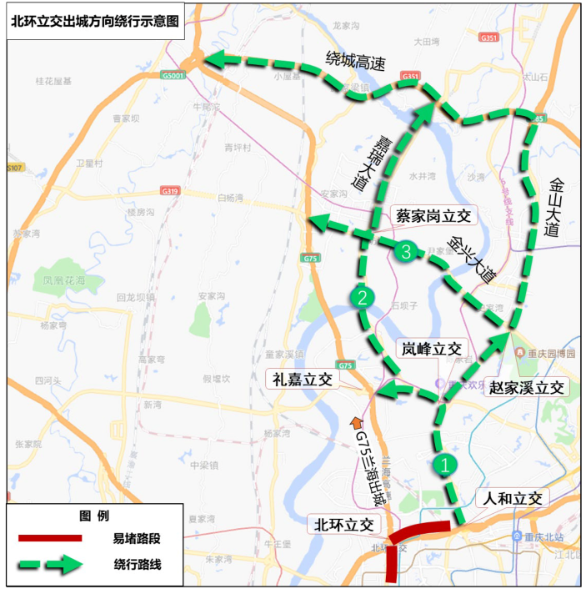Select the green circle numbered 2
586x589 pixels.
[x=362, y=298]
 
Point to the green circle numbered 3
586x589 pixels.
[x=407, y=251]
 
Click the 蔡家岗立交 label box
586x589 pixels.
[x=432, y=217]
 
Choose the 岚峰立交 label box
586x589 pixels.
[x=432, y=349]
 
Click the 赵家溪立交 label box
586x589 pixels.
[x=528, y=388]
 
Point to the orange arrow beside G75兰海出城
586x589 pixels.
[x=358, y=425]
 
